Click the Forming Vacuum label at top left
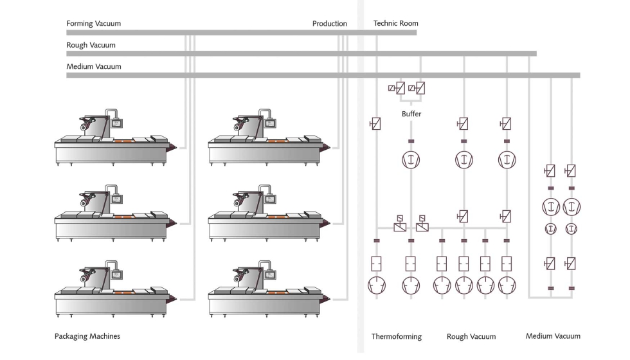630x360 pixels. (93, 24)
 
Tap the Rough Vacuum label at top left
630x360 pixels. (91, 45)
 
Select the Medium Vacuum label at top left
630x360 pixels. (93, 67)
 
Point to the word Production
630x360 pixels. (329, 24)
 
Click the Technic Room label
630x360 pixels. (395, 24)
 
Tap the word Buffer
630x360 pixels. (411, 114)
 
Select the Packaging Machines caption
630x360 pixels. (87, 336)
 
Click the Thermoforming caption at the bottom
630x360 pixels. (397, 336)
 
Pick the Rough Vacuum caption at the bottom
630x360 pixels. (471, 336)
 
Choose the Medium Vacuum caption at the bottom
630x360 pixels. (553, 336)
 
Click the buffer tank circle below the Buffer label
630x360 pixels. (411, 159)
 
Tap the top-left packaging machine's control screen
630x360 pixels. (117, 123)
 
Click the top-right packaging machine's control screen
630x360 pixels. (271, 123)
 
